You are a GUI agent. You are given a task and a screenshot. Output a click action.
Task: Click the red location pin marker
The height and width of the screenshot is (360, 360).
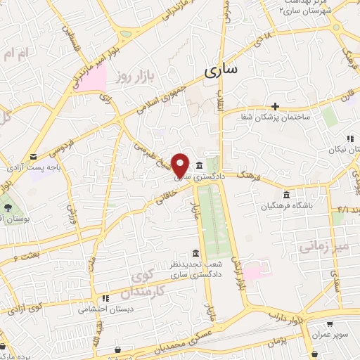pos(181,165)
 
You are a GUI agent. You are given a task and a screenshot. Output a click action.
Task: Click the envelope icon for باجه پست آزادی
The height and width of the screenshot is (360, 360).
pos(34,156)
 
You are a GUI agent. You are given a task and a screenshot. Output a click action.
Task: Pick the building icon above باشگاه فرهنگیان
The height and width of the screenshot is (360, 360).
pos(285,195)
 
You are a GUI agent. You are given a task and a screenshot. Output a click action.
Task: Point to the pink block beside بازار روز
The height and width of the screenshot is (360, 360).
pos(92,77)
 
